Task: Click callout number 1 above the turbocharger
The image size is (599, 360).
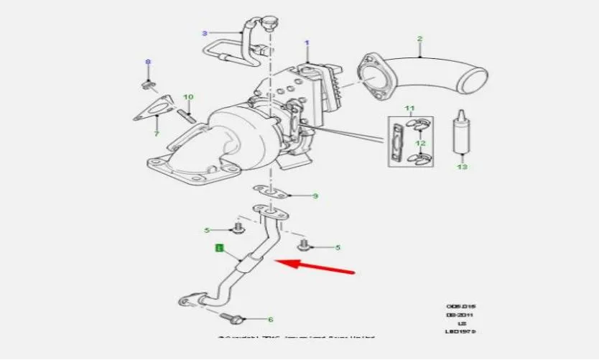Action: pyautogui.click(x=306, y=43)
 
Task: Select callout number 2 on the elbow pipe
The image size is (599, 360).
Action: pyautogui.click(x=419, y=39)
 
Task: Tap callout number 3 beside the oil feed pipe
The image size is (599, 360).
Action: pyautogui.click(x=205, y=33)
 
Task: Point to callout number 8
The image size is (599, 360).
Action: pyautogui.click(x=149, y=63)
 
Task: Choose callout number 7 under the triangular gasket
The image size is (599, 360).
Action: pyautogui.click(x=157, y=134)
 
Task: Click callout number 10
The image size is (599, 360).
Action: pyautogui.click(x=188, y=96)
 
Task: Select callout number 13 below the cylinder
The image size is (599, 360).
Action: pyautogui.click(x=462, y=167)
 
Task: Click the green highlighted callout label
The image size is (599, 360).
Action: pyautogui.click(x=220, y=249)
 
